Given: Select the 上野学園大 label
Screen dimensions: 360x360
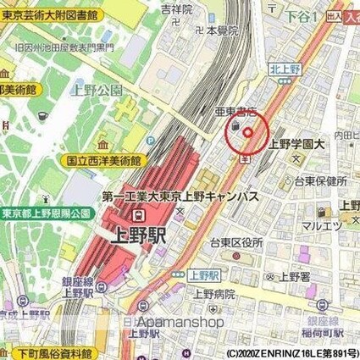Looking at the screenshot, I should [x=296, y=144].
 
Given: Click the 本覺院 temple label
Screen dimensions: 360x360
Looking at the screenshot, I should [x=221, y=29].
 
